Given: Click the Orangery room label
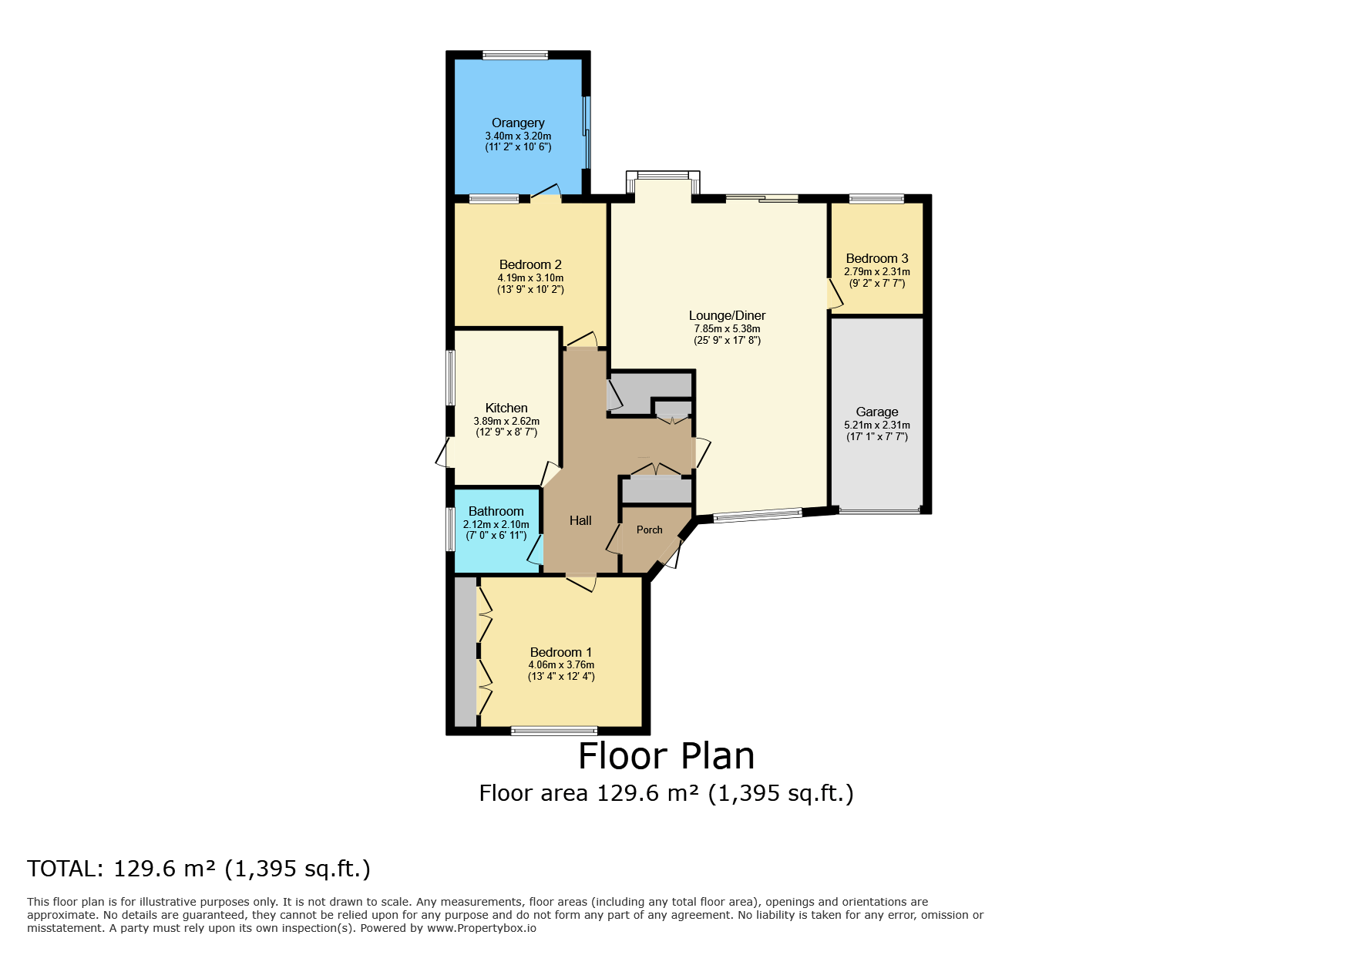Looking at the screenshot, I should point(518,123).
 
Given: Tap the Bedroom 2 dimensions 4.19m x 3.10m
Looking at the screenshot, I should point(530,278).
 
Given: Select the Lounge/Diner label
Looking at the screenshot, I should point(727,315).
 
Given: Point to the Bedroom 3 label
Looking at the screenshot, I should point(876,258).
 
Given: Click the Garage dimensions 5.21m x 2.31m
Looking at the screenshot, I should point(876,425).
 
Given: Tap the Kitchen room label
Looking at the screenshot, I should point(506,408).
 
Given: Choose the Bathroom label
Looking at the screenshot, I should point(496,511).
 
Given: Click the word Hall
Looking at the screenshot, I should point(580,520).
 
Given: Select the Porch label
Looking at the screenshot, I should point(649,530).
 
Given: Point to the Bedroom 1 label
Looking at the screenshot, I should point(560,652).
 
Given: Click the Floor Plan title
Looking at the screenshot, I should point(666,756).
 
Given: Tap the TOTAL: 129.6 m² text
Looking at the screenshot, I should point(199,869).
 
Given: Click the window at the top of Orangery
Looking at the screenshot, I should point(515,55).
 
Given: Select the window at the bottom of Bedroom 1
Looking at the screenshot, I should point(553,731).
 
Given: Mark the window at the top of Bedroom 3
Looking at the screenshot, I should point(876,199).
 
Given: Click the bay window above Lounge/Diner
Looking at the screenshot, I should point(662,176).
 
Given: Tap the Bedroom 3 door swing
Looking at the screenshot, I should point(834,294).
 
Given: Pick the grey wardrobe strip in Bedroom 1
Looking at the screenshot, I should point(465,651).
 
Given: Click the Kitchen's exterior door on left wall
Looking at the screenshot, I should point(442,453).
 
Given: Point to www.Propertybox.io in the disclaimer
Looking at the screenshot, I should point(481,928).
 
